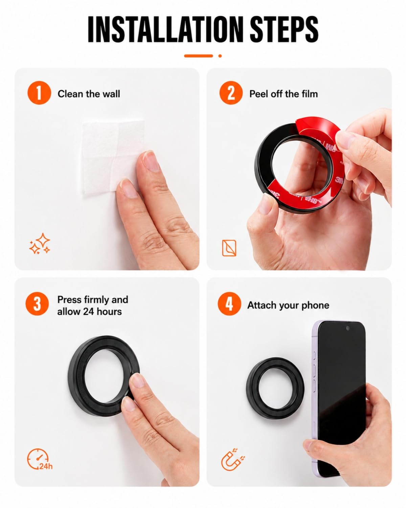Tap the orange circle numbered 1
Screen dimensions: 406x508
pos(39,93)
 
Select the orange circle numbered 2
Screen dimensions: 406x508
pos(231,93)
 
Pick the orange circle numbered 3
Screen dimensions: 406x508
pos(37,304)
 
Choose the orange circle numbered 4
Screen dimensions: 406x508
pos(229,304)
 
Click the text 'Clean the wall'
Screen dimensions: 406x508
pos(89,94)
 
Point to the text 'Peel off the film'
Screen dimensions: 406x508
pos(284,94)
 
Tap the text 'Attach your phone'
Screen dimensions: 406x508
pos(288,305)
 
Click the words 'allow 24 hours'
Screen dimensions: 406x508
pos(89,312)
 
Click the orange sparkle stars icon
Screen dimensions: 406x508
pos(40,244)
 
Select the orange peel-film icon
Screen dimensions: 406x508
pos(229,248)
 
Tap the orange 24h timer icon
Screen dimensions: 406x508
pos(39,459)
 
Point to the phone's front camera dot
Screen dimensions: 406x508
pos(347,328)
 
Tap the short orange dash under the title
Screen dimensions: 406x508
pos(198,56)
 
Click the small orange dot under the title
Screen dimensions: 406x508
pos(220,56)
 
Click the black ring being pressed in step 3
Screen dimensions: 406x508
pos(75,378)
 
